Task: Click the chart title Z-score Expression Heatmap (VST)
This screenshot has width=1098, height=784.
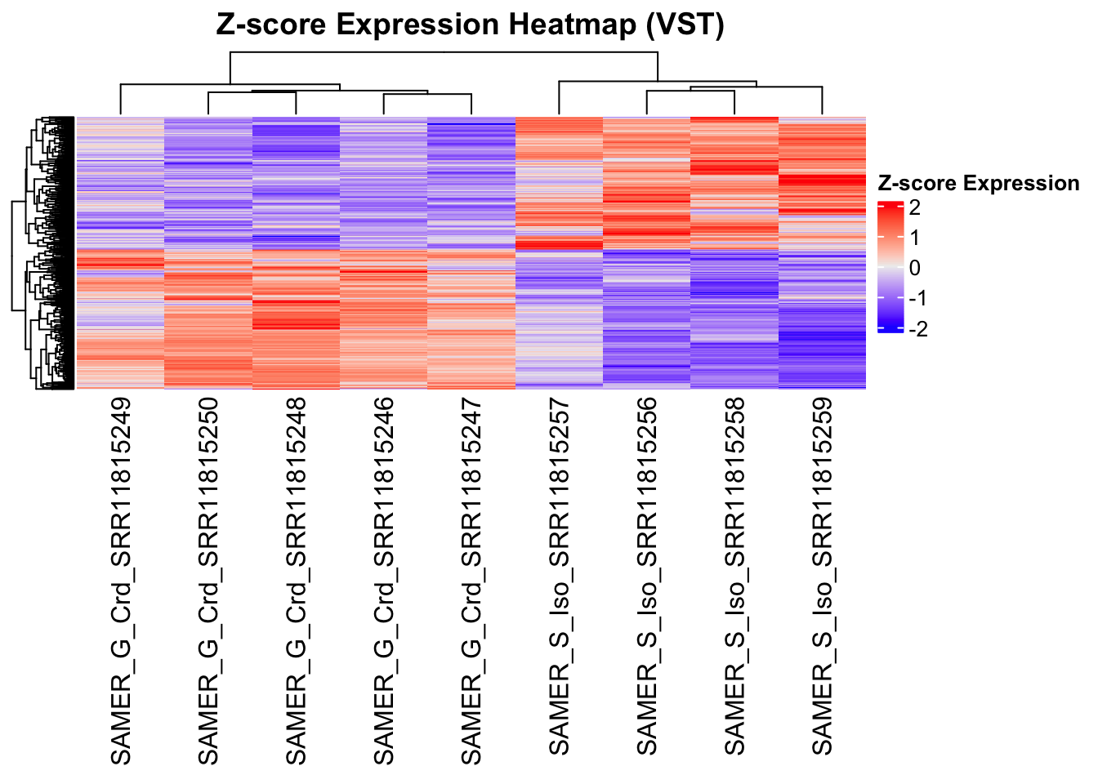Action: pyautogui.click(x=470, y=24)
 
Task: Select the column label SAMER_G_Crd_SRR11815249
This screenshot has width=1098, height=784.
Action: pyautogui.click(x=121, y=581)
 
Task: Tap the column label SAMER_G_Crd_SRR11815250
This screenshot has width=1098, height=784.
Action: pyautogui.click(x=208, y=581)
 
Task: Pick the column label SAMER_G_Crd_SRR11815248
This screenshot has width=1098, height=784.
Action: pyautogui.click(x=296, y=581)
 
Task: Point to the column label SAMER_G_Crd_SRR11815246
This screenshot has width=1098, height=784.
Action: pyautogui.click(x=383, y=581)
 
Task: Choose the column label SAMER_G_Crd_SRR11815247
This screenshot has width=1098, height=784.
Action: pyautogui.click(x=471, y=581)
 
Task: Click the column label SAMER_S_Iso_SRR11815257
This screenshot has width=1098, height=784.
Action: pyautogui.click(x=559, y=576)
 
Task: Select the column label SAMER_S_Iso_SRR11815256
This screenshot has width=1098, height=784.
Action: pyautogui.click(x=646, y=576)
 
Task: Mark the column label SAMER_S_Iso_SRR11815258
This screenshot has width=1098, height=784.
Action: pyautogui.click(x=734, y=576)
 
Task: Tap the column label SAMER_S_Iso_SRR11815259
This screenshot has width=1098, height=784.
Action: pyautogui.click(x=822, y=576)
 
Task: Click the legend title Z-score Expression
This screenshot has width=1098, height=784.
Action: pyautogui.click(x=978, y=184)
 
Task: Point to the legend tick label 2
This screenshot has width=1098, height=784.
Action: pyautogui.click(x=914, y=207)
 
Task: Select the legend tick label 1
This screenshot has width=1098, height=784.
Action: pyautogui.click(x=914, y=238)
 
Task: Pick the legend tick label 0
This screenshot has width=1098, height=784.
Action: pyautogui.click(x=914, y=268)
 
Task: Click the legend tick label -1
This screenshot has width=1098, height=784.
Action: pyautogui.click(x=917, y=298)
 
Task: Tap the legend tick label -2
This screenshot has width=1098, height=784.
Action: pyautogui.click(x=917, y=329)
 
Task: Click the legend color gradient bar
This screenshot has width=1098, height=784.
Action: pyautogui.click(x=890, y=267)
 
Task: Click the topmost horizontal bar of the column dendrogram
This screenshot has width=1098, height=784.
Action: pyautogui.click(x=444, y=53)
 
